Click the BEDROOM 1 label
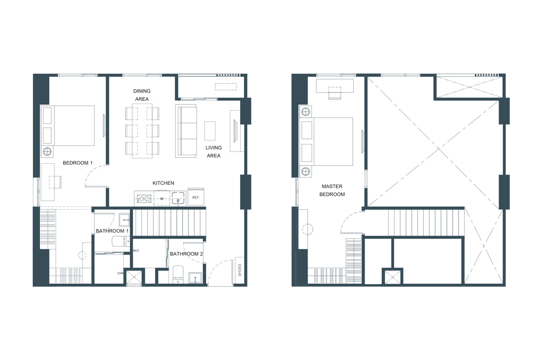[78, 163]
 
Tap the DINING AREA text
[142, 95]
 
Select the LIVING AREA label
[213, 152]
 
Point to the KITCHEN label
[163, 183]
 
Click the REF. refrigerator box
[196, 197]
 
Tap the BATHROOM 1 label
[112, 231]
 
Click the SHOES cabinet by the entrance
[240, 270]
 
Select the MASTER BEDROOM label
[332, 190]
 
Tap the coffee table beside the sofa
[210, 131]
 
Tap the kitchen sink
[178, 197]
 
